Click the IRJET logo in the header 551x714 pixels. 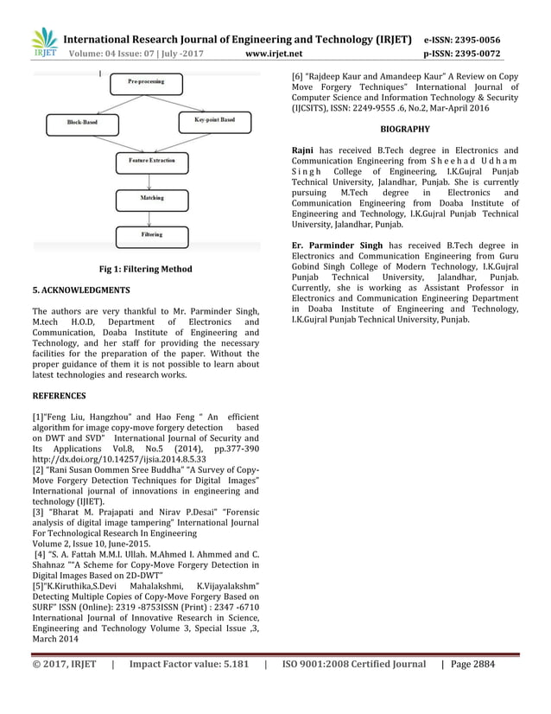click(44, 42)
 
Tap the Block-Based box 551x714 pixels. click(83, 124)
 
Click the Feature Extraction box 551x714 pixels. click(152, 161)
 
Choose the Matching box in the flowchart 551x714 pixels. click(152, 198)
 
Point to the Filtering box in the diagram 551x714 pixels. click(152, 234)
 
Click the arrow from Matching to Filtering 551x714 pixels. click(152, 217)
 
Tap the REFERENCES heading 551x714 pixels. click(59, 396)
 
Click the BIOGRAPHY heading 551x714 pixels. click(405, 129)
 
